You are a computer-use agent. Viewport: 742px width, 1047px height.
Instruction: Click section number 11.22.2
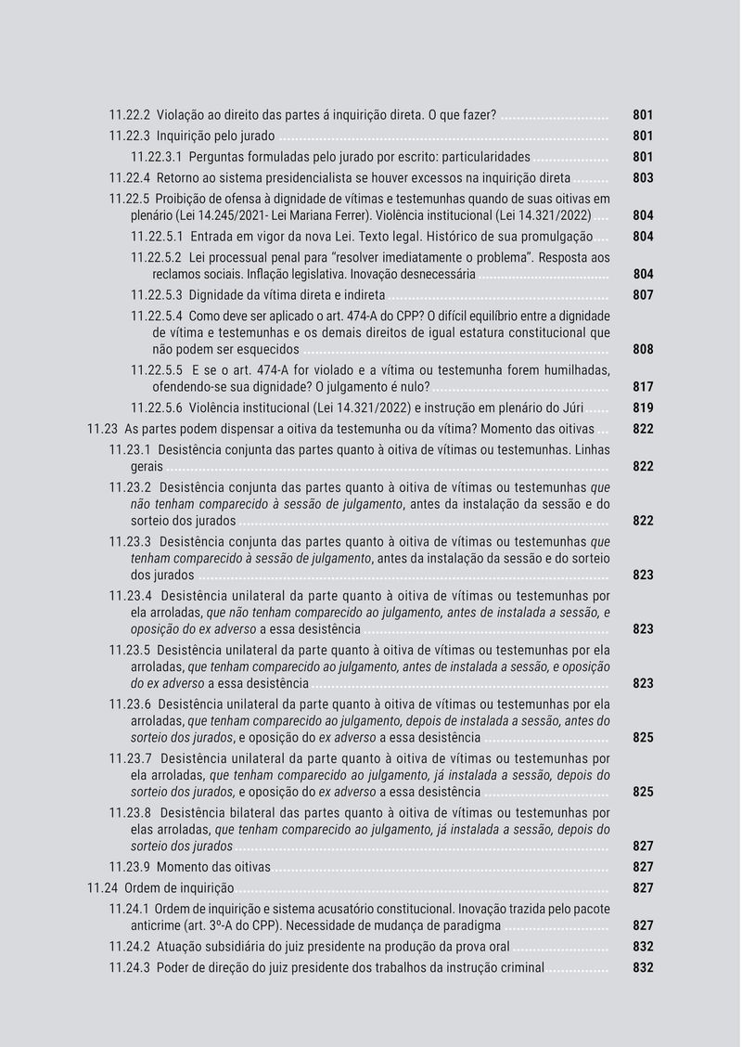tap(129, 115)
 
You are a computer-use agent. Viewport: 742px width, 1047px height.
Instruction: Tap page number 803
tap(643, 177)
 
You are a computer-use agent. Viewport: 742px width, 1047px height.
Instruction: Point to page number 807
tap(643, 295)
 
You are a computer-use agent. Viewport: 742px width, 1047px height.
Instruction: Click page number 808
tap(643, 350)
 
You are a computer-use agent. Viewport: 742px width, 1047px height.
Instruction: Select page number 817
tap(643, 387)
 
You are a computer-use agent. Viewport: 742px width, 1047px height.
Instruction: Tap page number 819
tap(643, 408)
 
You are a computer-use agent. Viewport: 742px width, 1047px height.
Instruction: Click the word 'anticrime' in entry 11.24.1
tap(159, 925)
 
